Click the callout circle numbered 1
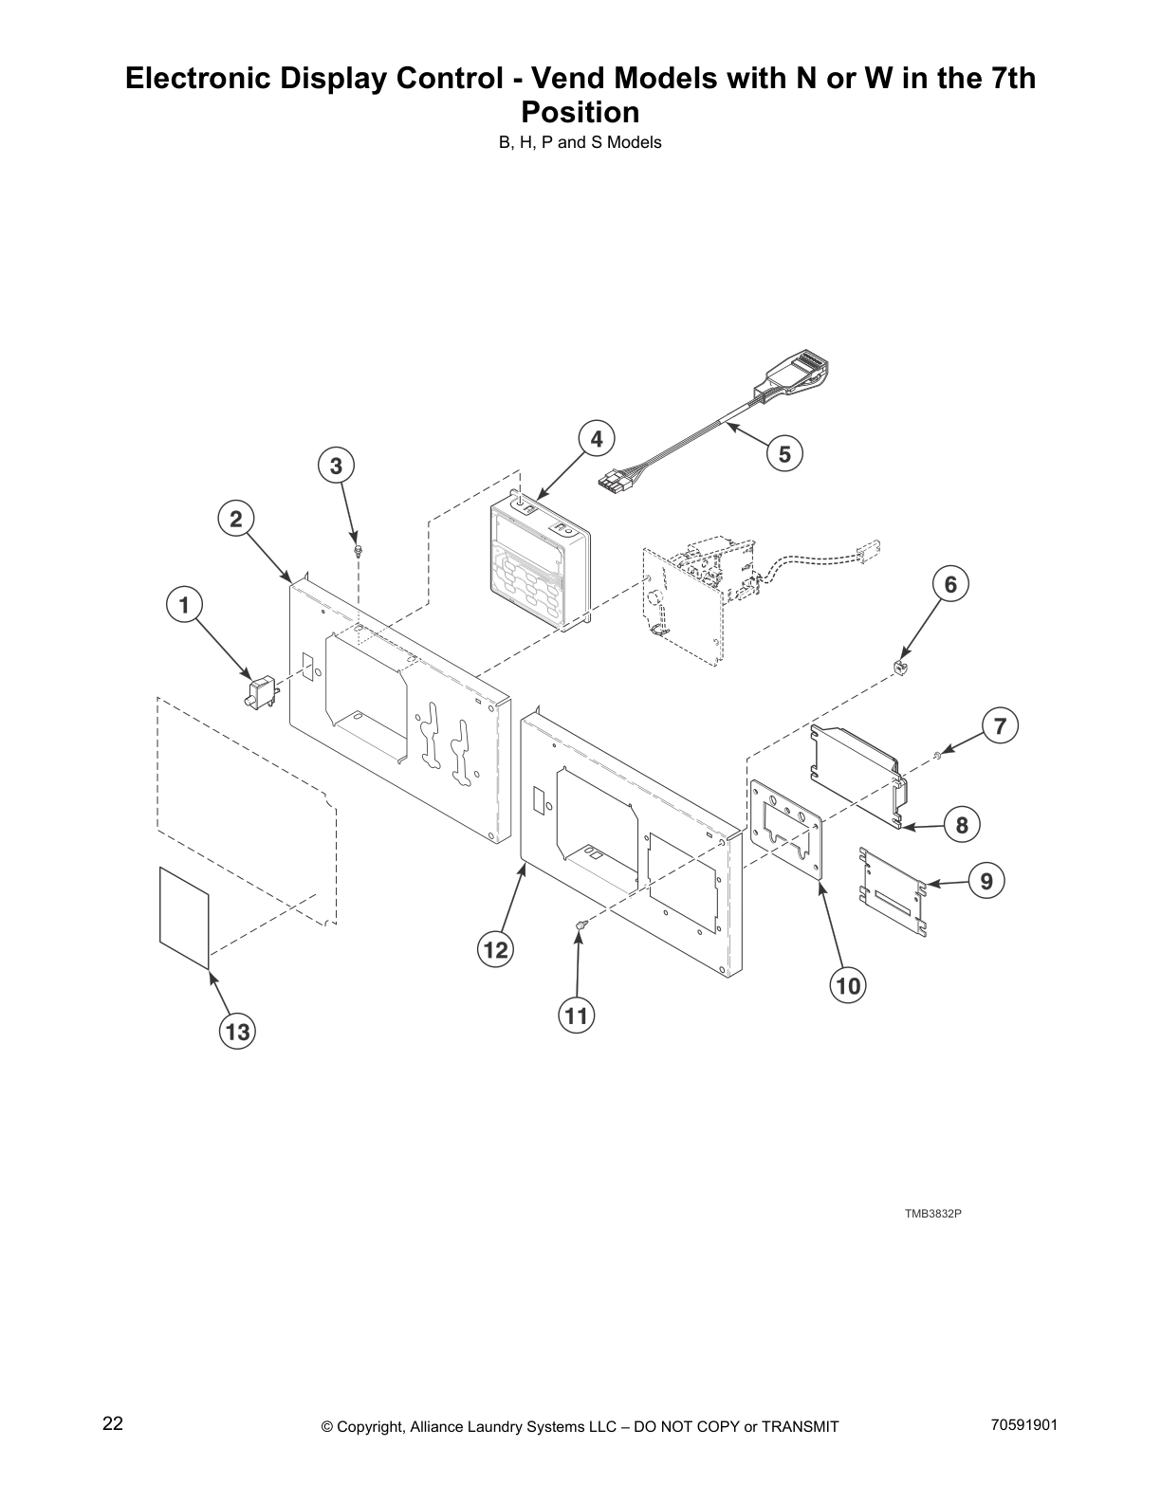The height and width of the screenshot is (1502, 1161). [x=185, y=605]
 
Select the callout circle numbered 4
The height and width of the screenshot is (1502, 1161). [x=597, y=439]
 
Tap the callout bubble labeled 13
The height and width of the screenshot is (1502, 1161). [x=237, y=1031]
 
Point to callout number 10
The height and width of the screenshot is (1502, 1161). [x=848, y=986]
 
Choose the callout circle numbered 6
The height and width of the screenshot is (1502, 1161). [x=951, y=584]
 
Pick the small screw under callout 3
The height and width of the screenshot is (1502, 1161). [x=358, y=550]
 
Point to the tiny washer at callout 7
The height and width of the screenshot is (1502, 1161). [x=936, y=754]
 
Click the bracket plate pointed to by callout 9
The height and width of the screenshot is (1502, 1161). [x=892, y=888]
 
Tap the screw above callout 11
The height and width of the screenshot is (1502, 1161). [x=580, y=925]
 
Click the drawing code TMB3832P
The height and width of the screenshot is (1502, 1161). [x=933, y=1214]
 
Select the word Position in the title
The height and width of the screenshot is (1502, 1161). [x=580, y=113]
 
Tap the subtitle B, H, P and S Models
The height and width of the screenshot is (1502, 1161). [x=580, y=143]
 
